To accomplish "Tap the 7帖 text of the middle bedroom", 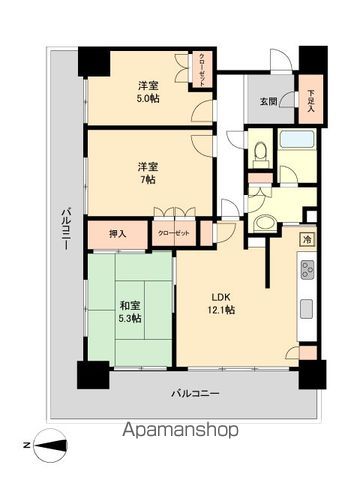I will pyautogui.click(x=148, y=180).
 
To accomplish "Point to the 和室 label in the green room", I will pyautogui.click(x=128, y=305).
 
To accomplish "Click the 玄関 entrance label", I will pyautogui.click(x=269, y=101).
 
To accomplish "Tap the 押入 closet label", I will pyautogui.click(x=118, y=234).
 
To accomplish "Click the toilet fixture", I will pyautogui.click(x=260, y=151).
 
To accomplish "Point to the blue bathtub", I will pyautogui.click(x=298, y=139).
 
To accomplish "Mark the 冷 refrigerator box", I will pyautogui.click(x=308, y=239).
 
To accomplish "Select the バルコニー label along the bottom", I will pyautogui.click(x=195, y=393).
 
